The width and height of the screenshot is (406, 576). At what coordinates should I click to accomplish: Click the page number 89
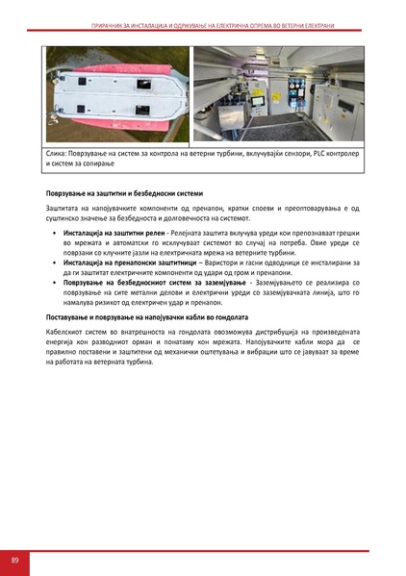[15, 559]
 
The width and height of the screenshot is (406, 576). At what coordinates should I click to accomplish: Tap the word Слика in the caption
[56, 154]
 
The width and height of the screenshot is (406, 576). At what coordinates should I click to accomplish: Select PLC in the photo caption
[314, 154]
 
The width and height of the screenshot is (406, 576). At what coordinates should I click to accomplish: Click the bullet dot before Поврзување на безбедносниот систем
[55, 283]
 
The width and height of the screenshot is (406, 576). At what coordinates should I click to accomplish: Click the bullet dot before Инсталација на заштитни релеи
[55, 234]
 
